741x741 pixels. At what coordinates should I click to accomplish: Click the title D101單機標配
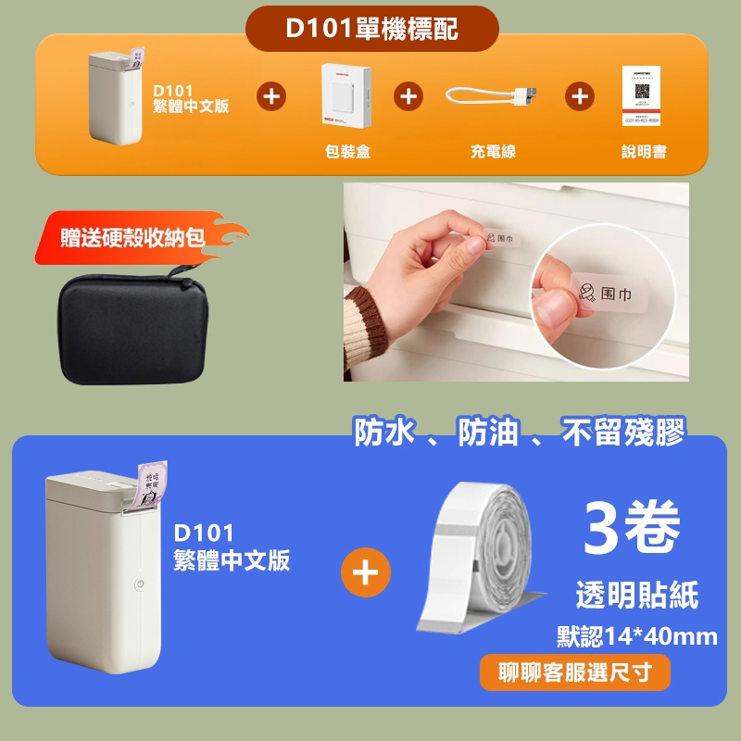(x=370, y=28)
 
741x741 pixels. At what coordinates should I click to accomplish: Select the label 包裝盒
(x=348, y=151)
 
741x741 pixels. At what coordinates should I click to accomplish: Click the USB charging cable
(x=492, y=96)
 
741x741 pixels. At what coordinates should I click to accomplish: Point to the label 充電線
(x=492, y=151)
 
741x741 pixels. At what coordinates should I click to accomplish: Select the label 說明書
(x=643, y=151)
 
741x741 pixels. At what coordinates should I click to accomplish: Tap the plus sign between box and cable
(x=408, y=95)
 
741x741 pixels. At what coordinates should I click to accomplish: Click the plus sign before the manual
(x=580, y=95)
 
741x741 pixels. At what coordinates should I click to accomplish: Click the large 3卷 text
(x=634, y=528)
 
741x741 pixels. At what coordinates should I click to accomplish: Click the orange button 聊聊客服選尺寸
(x=574, y=672)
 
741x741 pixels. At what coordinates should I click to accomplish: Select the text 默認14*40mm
(x=636, y=636)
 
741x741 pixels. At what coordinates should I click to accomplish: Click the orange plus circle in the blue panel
(x=366, y=575)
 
